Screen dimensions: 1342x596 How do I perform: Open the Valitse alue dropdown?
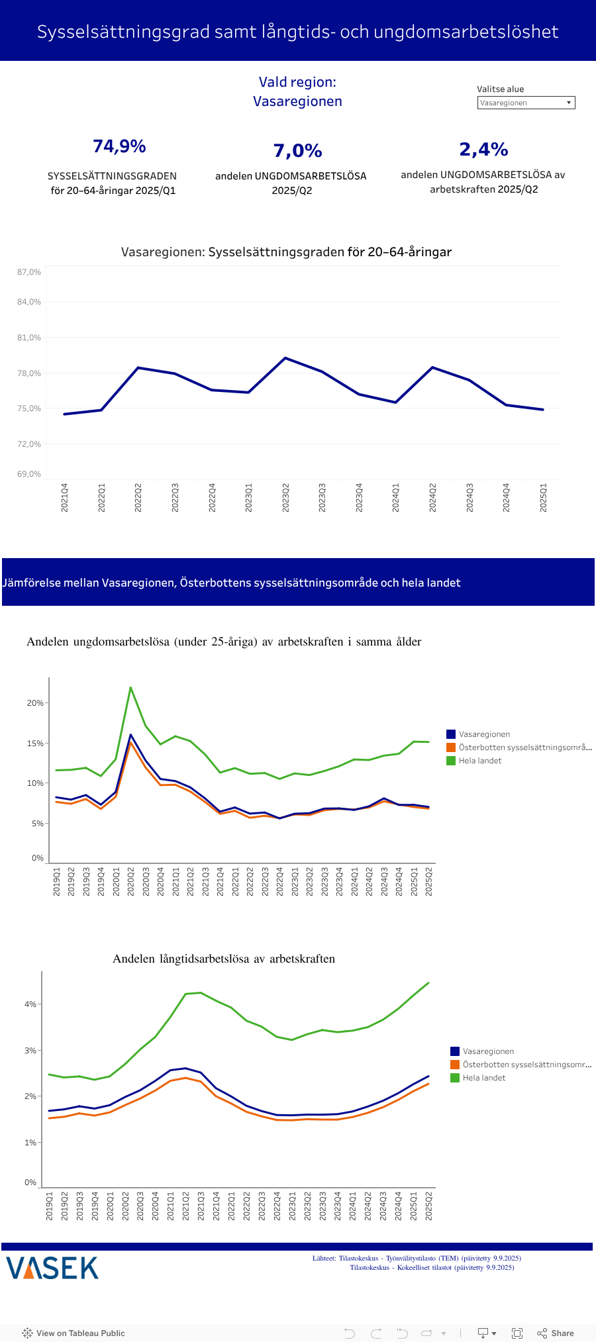coord(526,103)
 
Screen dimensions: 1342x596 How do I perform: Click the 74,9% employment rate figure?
coord(119,146)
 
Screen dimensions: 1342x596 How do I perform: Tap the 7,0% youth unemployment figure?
coord(297,151)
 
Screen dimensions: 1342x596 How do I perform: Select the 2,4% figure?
coord(483,150)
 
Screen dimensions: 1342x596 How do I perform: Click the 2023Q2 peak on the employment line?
coord(285,358)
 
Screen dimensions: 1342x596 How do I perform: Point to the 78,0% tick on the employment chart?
coord(29,373)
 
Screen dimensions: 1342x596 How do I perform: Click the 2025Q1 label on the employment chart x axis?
coord(543,497)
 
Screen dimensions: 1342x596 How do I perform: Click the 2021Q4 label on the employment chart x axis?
coord(65,497)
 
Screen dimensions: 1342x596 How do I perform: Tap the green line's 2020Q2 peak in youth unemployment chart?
coord(130,688)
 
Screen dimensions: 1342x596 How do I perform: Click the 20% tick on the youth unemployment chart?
coord(35,703)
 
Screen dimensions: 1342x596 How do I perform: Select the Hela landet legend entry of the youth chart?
coord(479,761)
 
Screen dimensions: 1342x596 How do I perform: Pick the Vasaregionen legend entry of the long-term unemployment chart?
coord(487,1051)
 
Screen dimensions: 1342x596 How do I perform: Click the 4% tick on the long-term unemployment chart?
coord(30,1004)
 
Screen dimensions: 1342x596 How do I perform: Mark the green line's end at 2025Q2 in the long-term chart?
coord(428,983)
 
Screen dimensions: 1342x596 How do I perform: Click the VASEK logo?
coord(52,1268)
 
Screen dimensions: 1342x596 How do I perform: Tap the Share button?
coord(556,1333)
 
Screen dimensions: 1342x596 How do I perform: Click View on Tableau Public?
coord(74,1333)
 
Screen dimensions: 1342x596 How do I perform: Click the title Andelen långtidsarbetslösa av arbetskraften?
coord(224,959)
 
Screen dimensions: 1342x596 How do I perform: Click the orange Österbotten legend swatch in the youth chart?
coord(451,747)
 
